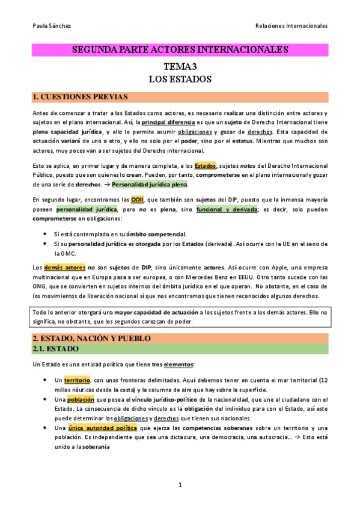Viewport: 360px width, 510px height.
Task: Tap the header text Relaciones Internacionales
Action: (291, 26)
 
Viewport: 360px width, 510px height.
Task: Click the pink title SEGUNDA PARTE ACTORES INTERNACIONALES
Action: (180, 49)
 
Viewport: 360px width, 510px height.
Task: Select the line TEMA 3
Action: (180, 67)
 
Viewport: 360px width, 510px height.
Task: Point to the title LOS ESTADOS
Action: (180, 79)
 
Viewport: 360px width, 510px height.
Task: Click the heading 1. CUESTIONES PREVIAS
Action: (79, 97)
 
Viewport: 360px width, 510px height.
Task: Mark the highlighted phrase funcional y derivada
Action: (231, 209)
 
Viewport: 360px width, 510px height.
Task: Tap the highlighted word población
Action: (81, 400)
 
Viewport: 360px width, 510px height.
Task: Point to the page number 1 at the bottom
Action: (180, 485)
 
